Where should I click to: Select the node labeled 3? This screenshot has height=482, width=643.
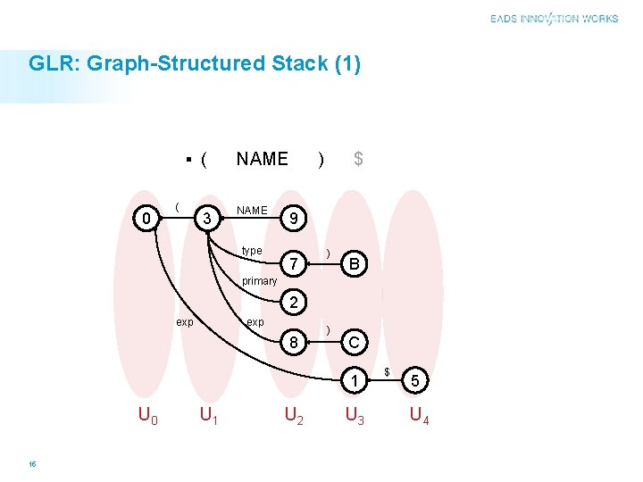206,219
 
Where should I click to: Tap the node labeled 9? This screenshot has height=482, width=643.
293,219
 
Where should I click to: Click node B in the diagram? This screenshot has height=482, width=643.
355,264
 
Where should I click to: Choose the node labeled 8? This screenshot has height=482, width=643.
293,342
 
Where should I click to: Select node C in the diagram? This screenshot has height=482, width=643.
355,342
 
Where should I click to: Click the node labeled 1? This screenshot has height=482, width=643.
355,381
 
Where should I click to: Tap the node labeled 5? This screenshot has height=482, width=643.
414,381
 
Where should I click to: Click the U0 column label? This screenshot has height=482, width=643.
148,415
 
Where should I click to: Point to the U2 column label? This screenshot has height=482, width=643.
295,415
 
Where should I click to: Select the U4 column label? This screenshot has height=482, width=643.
418,415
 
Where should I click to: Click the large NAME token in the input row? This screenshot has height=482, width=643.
262,159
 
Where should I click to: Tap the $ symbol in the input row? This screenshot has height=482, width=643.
358,159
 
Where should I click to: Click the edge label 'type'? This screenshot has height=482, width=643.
252,251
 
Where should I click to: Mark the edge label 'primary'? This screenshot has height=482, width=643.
259,281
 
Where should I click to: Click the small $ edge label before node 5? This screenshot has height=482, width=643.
387,370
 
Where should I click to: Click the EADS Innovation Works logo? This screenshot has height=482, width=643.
554,19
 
